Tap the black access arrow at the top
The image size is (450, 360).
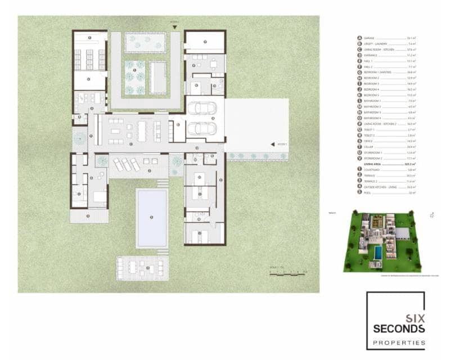pos(175,27)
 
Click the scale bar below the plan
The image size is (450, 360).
pos(287,273)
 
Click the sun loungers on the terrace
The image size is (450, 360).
pos(125,165)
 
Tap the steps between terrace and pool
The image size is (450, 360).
pos(161,183)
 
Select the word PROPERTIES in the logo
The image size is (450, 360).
pos(397,342)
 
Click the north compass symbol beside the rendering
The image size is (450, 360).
pos(431,214)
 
